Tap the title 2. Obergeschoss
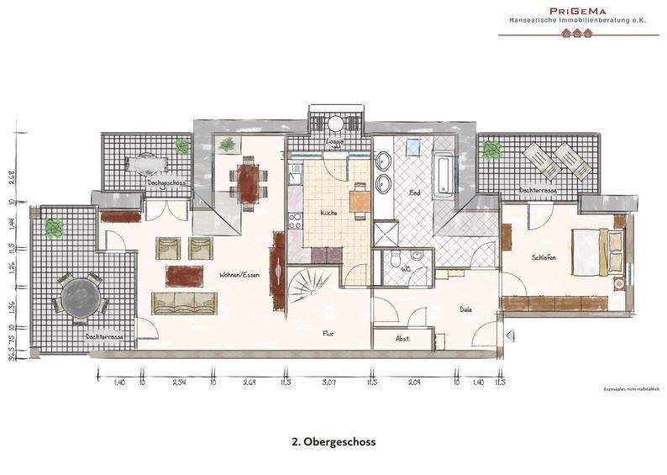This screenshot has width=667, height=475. pyautogui.click(x=333, y=441)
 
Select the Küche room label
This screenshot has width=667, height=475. pyautogui.click(x=328, y=214)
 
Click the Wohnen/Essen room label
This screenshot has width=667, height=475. pyautogui.click(x=238, y=275)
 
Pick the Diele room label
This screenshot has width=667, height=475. pyautogui.click(x=465, y=309)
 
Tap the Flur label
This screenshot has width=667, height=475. pyautogui.click(x=329, y=333)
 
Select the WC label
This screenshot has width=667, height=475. pyautogui.click(x=406, y=269)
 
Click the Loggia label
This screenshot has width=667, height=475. pyautogui.click(x=333, y=143)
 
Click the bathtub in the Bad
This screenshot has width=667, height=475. pyautogui.click(x=444, y=172)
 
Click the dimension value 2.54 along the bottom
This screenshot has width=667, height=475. pyautogui.click(x=178, y=383)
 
